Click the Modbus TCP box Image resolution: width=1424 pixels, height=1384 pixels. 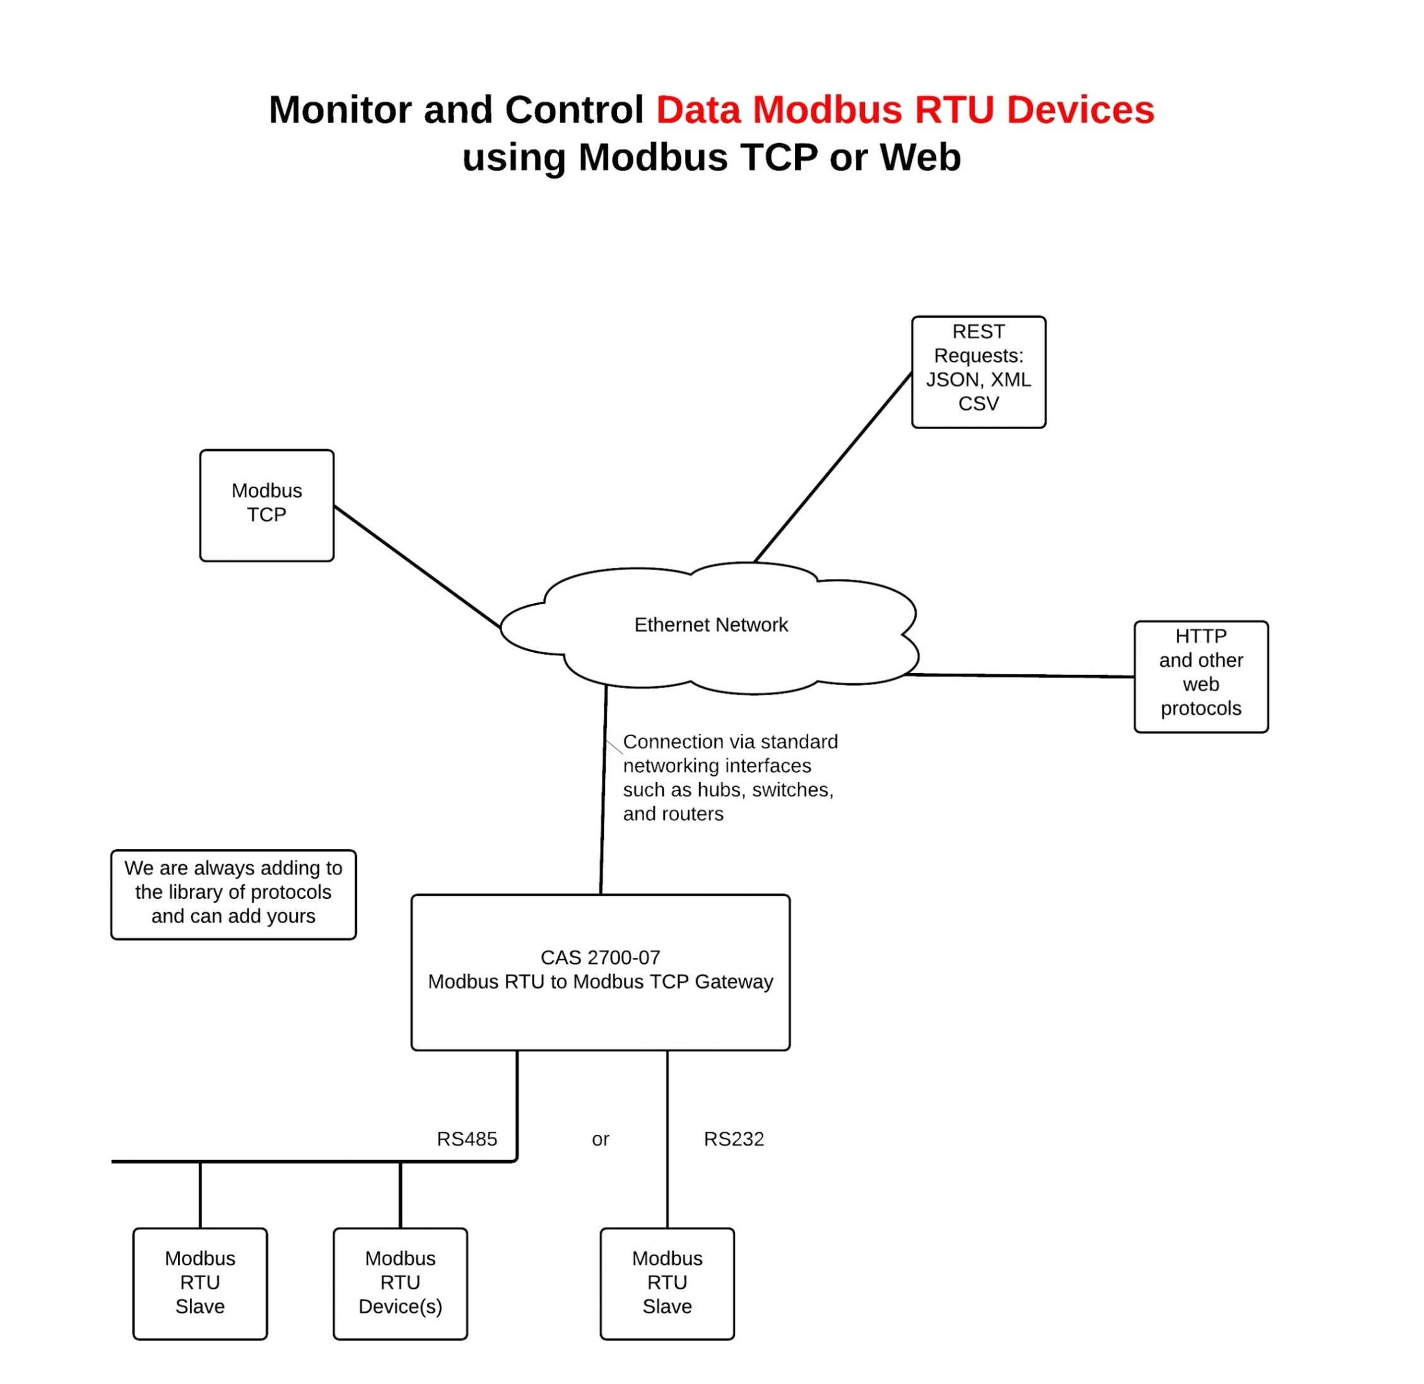[x=267, y=506]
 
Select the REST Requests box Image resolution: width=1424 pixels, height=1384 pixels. [x=979, y=372]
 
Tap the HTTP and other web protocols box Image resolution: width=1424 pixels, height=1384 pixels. [x=1201, y=677]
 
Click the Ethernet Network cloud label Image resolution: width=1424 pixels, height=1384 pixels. [x=711, y=625]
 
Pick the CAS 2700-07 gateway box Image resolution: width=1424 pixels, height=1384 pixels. [x=601, y=973]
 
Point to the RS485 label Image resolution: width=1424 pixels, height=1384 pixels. [x=467, y=1139]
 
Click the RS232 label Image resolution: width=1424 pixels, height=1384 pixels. [x=733, y=1139]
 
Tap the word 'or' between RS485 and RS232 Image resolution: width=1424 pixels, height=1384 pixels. [x=601, y=1140]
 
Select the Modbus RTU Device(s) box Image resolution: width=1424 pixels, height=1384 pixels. [x=401, y=1284]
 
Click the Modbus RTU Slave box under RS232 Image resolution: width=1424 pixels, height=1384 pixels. [x=668, y=1284]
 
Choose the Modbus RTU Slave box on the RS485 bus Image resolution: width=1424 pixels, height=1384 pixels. [x=200, y=1284]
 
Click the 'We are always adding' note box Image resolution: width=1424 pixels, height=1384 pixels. [x=233, y=894]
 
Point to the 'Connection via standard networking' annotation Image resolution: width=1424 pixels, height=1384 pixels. [x=729, y=778]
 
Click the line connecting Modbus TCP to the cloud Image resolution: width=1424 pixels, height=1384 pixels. [x=417, y=567]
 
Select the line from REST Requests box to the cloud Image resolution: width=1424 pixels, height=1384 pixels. [x=833, y=467]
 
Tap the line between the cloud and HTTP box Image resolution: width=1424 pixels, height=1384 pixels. [x=1018, y=676]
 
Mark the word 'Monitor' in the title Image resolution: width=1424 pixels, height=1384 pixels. [x=341, y=110]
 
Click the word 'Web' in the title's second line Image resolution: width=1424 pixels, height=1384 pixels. [x=921, y=158]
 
